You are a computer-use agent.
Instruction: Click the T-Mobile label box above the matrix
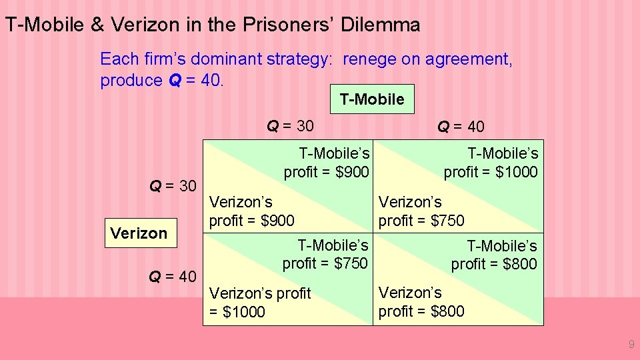(x=371, y=99)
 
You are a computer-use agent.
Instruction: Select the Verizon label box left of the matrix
(x=139, y=233)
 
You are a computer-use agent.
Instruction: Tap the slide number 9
(x=631, y=345)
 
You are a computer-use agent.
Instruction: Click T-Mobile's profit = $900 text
(x=327, y=163)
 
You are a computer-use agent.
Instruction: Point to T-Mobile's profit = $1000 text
(x=491, y=163)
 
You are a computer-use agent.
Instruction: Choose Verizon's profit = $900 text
(x=252, y=211)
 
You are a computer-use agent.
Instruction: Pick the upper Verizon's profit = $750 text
(x=421, y=211)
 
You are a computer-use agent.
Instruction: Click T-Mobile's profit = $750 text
(x=325, y=255)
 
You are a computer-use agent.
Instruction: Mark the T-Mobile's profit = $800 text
(x=494, y=255)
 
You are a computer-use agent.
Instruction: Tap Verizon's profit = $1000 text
(x=260, y=302)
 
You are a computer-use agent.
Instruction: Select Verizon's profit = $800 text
(x=421, y=301)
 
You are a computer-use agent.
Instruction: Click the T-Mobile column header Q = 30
(x=290, y=125)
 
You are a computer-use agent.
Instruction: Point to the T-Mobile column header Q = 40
(x=461, y=126)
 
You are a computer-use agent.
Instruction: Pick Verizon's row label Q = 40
(x=173, y=276)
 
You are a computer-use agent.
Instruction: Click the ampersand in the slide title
(x=97, y=25)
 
